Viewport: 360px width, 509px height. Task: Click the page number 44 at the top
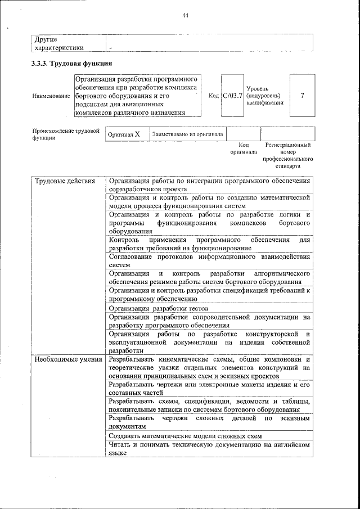(185, 15)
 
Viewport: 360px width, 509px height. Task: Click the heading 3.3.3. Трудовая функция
(72, 64)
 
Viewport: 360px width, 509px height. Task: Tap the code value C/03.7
(232, 96)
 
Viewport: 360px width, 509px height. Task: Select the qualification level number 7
(303, 96)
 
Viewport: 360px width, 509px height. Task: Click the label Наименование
(51, 96)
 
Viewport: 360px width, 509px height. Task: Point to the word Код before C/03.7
(214, 96)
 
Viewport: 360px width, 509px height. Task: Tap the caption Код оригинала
(244, 148)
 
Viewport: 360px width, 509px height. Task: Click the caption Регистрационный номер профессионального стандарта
(287, 155)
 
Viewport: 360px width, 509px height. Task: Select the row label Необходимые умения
(67, 359)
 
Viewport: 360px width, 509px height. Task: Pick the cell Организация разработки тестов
(159, 308)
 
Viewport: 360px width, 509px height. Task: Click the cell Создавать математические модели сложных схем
(185, 436)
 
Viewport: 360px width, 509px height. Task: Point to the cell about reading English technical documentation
(209, 449)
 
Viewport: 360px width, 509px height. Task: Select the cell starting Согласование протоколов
(209, 260)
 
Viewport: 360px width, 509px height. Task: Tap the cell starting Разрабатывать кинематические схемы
(209, 367)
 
